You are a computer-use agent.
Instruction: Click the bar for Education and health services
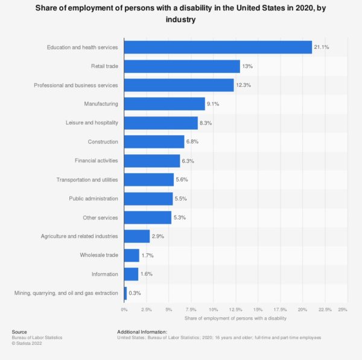point(217,47)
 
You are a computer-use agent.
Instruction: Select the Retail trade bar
point(182,66)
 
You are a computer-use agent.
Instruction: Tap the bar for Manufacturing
point(164,104)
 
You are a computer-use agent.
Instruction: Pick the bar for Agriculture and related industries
point(136,236)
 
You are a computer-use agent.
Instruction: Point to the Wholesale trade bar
point(131,255)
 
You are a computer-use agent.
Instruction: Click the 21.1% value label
point(321,47)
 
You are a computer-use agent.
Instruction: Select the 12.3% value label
point(243,85)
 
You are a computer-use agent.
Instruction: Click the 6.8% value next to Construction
point(194,142)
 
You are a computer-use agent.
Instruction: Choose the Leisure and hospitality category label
point(92,123)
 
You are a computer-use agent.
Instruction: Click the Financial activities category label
point(97,161)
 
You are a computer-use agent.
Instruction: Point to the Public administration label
point(94,198)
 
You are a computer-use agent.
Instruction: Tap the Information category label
point(104,274)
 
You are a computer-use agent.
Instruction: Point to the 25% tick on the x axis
point(342,309)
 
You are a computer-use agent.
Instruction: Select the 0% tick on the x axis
point(124,309)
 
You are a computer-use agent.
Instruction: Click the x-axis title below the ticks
point(235,318)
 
